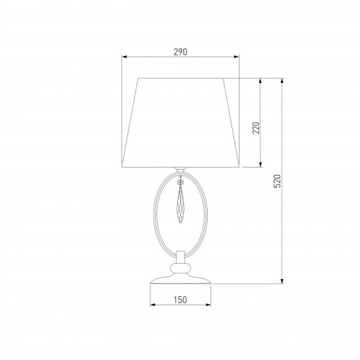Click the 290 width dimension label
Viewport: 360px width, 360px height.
181,52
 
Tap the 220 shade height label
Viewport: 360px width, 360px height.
256,127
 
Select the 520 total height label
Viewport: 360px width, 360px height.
278,181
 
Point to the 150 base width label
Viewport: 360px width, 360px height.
180,300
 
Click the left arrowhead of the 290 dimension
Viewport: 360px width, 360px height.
125,57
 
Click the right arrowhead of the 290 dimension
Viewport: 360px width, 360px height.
236,57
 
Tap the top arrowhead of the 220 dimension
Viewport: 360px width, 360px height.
260,81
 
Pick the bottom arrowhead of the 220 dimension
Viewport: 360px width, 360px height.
260,164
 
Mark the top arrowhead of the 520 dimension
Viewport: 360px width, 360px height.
282,81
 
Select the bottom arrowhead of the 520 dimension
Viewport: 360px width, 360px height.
282,281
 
